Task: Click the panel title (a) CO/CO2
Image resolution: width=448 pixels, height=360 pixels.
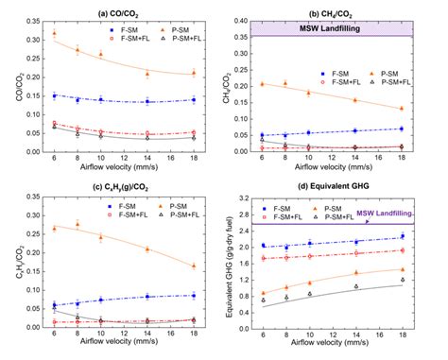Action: point(126,10)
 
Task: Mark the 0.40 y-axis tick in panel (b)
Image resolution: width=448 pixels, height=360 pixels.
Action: point(245,21)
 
